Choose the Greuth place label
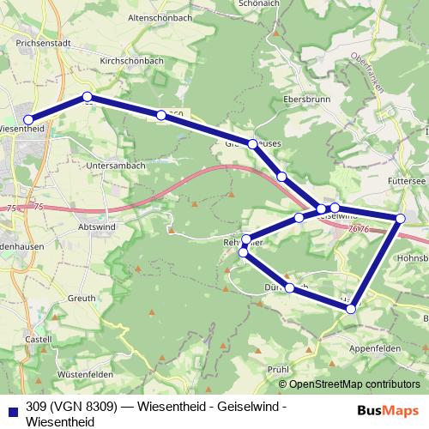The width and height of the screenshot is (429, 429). pyautogui.click(x=82, y=298)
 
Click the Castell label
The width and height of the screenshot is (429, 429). pyautogui.click(x=39, y=340)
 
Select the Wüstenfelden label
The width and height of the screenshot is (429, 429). pyautogui.click(x=86, y=375)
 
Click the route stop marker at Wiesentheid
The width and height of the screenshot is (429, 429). pyautogui.click(x=27, y=120)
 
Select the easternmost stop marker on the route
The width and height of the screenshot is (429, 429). pyautogui.click(x=401, y=219)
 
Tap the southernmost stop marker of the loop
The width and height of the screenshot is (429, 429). pyautogui.click(x=351, y=308)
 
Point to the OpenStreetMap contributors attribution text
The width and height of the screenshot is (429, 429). pyautogui.click(x=350, y=384)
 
